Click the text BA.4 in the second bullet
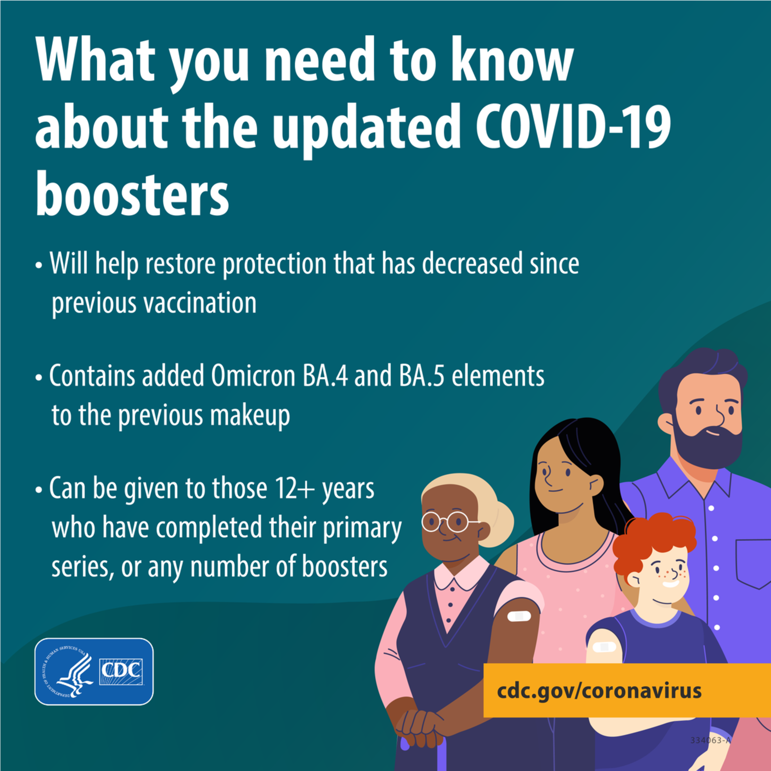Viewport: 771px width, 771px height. point(325,376)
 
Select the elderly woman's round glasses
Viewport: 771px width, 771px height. point(449,521)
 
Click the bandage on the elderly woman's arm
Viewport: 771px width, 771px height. point(519,617)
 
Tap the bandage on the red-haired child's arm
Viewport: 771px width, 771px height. point(604,647)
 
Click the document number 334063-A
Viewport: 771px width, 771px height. point(710,740)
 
